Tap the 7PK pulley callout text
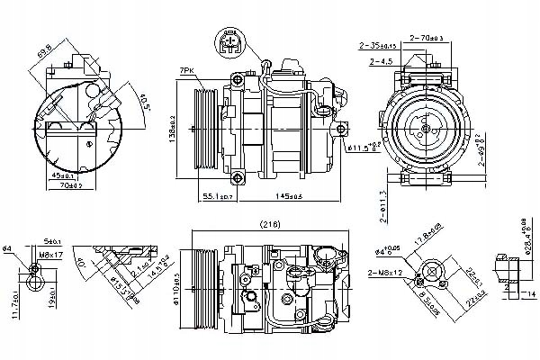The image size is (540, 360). (211, 69)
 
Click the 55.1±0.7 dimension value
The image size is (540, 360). (218, 195)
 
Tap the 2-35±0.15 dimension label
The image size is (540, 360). (378, 45)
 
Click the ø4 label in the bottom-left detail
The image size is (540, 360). (7, 247)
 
